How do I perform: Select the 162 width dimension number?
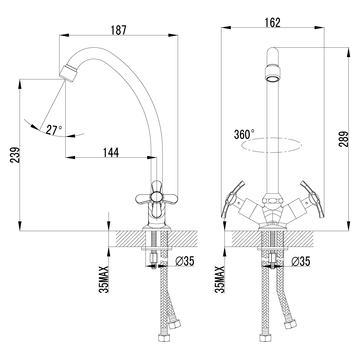pos(272,22)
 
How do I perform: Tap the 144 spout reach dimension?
pos(111,152)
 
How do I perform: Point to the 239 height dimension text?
pos(15,155)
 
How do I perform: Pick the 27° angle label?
pos(54,130)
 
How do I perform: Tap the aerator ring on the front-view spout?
pos(272,74)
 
